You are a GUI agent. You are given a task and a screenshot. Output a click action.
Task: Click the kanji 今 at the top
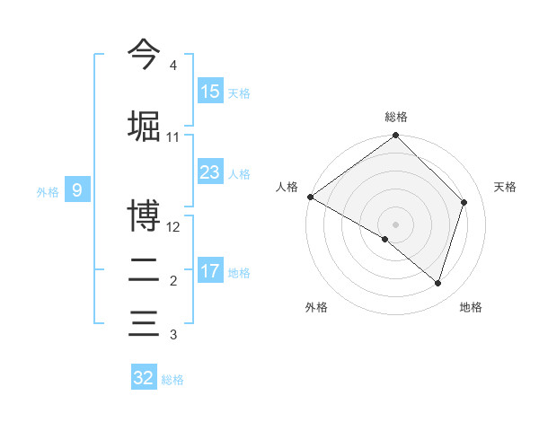coord(144,56)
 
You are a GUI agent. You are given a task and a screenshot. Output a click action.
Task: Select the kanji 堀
coord(144,125)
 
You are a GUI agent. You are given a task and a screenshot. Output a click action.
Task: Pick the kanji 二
coord(144,269)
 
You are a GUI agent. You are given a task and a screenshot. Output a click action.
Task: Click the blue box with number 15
coord(210,92)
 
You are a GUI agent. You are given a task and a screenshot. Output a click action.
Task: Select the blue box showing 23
coord(210,172)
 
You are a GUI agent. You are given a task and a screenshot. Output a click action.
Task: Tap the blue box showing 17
coord(210,271)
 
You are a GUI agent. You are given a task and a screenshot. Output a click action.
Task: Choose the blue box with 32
coord(144,378)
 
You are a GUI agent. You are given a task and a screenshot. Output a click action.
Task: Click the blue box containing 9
coord(77,189)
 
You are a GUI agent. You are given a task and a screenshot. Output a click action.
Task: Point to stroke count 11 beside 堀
coord(173,137)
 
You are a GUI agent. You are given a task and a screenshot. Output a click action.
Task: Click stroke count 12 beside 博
coord(174,227)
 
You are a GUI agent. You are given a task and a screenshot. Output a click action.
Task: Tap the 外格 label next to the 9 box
coord(47,190)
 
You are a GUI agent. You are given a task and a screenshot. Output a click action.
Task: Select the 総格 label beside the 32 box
coord(172,380)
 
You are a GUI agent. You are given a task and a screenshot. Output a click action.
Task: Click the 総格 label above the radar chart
coord(396,117)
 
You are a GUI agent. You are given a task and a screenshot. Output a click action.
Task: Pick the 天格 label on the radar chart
coord(506,187)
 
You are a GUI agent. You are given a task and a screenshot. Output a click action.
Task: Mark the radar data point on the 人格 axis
coord(310,197)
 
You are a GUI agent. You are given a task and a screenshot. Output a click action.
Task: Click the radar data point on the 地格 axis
coord(437,283)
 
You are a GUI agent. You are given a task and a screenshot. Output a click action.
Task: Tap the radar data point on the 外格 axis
coord(385,239)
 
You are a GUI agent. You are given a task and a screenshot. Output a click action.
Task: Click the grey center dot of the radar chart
coord(396,224)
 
